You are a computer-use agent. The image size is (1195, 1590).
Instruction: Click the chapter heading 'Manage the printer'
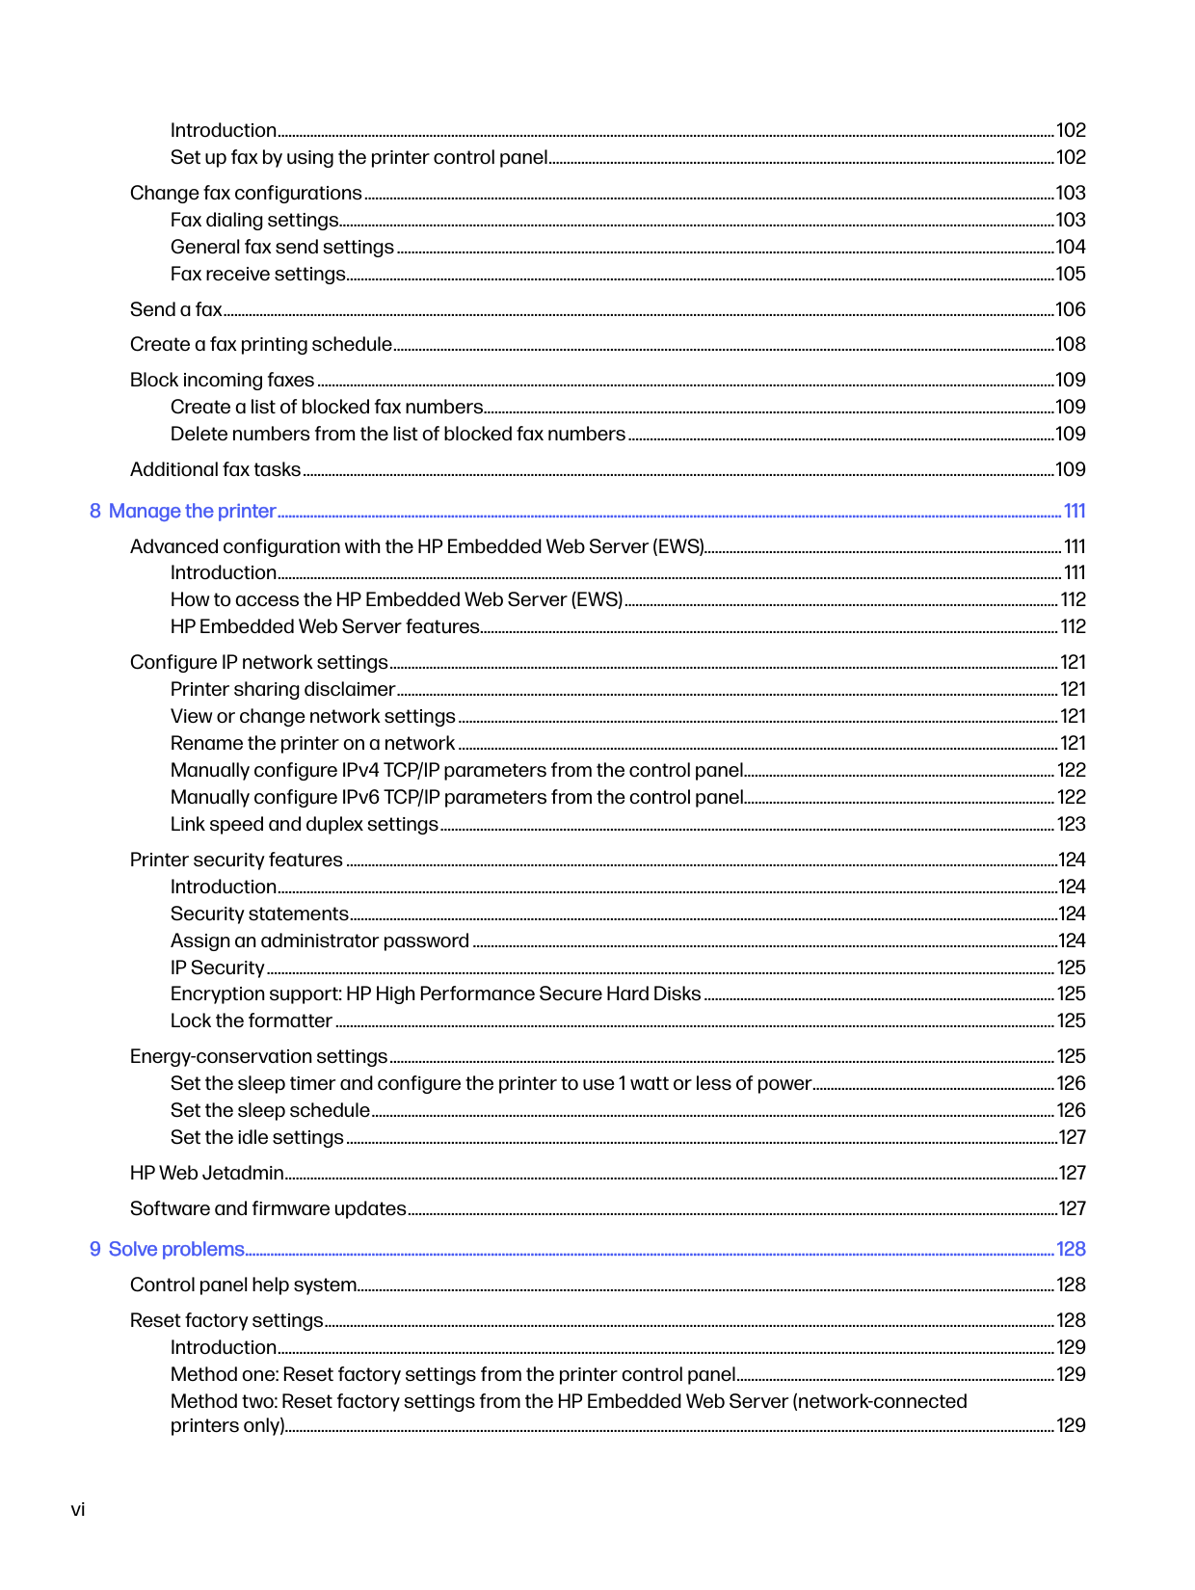(x=192, y=511)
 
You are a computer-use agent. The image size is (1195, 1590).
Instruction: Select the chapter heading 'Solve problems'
(x=176, y=1249)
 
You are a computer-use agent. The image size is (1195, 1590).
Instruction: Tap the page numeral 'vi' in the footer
(x=78, y=1509)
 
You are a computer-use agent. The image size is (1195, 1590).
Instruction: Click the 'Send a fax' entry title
(x=176, y=309)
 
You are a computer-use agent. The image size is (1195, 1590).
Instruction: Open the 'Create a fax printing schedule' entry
(x=261, y=344)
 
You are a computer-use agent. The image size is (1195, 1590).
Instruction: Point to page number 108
(x=1071, y=344)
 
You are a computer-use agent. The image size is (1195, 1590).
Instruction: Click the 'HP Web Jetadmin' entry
(x=207, y=1173)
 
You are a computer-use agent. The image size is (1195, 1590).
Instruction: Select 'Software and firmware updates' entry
(x=268, y=1208)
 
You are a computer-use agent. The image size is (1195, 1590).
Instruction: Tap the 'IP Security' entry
(x=218, y=967)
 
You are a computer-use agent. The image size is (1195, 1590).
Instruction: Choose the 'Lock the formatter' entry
(x=252, y=1020)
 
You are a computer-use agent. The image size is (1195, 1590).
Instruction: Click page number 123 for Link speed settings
(x=1071, y=824)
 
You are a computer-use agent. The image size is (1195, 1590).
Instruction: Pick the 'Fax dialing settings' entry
(x=254, y=220)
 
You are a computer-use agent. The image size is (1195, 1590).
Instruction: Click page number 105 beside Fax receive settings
(x=1071, y=274)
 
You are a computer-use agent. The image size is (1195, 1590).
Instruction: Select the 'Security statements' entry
(x=259, y=914)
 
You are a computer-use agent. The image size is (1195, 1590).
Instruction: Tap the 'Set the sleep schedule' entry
(x=270, y=1110)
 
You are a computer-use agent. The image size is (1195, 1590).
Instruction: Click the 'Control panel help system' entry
(x=244, y=1285)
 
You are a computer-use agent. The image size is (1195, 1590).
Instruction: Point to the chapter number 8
(x=95, y=511)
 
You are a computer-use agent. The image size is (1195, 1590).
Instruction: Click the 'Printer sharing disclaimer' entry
(x=282, y=689)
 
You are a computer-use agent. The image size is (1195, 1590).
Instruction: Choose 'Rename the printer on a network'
(x=312, y=743)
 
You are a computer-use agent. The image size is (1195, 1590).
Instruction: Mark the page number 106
(x=1071, y=309)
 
